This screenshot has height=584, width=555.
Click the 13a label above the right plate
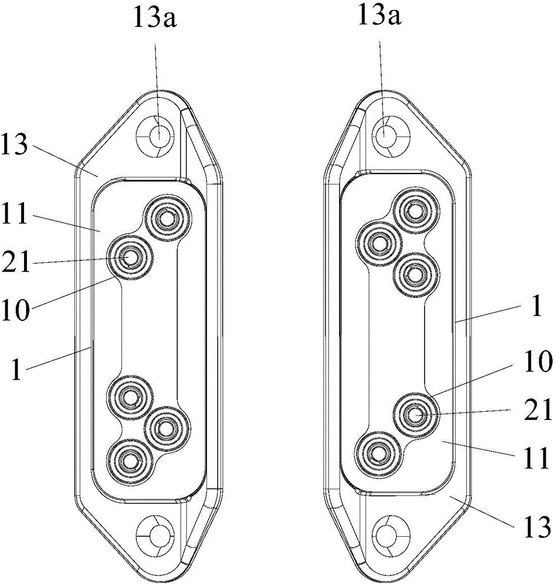(380, 16)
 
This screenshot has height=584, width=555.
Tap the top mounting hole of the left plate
(156, 137)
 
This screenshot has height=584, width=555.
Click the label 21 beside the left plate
(16, 262)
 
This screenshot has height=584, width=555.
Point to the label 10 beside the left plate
(15, 310)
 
